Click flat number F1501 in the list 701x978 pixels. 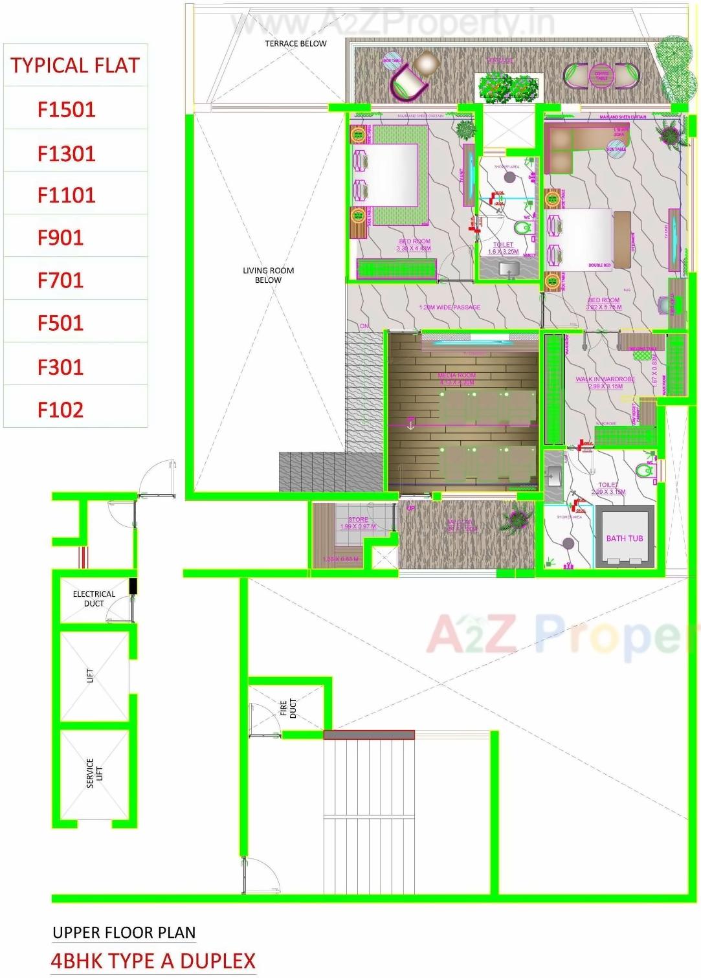point(66,109)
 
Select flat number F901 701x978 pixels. point(60,238)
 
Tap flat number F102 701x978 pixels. point(60,410)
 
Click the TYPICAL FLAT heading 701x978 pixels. point(75,65)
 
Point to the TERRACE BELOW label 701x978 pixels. point(296,43)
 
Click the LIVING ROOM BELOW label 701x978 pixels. point(268,275)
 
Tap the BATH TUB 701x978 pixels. point(625,538)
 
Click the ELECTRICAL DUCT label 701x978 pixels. point(94,598)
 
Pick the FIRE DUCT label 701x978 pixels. point(288,709)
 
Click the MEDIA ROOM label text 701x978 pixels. point(456,375)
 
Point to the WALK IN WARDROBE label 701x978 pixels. point(605,379)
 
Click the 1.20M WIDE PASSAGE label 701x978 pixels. point(450,307)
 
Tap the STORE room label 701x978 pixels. point(358,520)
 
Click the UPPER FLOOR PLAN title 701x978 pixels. point(124,933)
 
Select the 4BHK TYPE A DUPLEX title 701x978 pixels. point(153,961)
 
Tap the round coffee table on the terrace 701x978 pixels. point(601,75)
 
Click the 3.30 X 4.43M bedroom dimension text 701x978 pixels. point(414,249)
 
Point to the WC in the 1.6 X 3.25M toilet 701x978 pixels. point(522,228)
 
